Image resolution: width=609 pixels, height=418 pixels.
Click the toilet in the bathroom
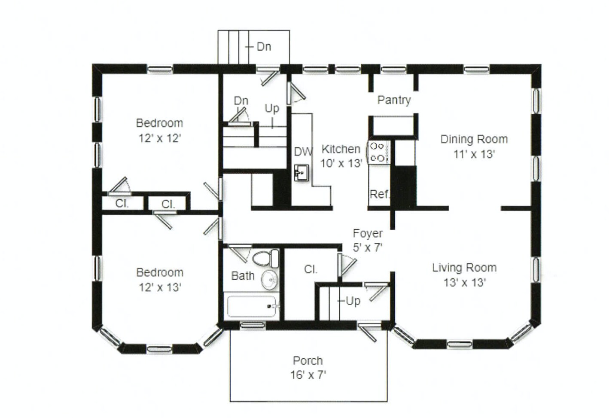pos(266,259)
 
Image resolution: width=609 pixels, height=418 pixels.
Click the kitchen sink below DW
pos(302,173)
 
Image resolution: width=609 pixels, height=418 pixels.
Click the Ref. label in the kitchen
pos(379,195)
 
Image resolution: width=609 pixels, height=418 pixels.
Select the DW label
pos(303,152)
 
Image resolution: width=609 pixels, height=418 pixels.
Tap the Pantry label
pos(394,100)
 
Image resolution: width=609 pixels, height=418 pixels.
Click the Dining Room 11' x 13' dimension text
pos(474,154)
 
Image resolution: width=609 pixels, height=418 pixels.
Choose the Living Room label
pos(464,268)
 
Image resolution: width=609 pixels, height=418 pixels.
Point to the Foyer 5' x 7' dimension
pos(368,247)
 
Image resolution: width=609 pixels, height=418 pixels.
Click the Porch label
pos(308,360)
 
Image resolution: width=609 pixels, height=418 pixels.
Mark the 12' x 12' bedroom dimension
pos(159,138)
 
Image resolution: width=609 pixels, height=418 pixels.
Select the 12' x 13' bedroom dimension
pos(159,287)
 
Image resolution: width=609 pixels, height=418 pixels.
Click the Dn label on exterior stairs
pos(264,46)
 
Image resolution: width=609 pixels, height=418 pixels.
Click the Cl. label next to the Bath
pos(311,269)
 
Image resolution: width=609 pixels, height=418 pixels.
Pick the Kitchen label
pos(341,149)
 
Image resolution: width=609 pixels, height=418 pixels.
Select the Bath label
pos(243,276)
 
